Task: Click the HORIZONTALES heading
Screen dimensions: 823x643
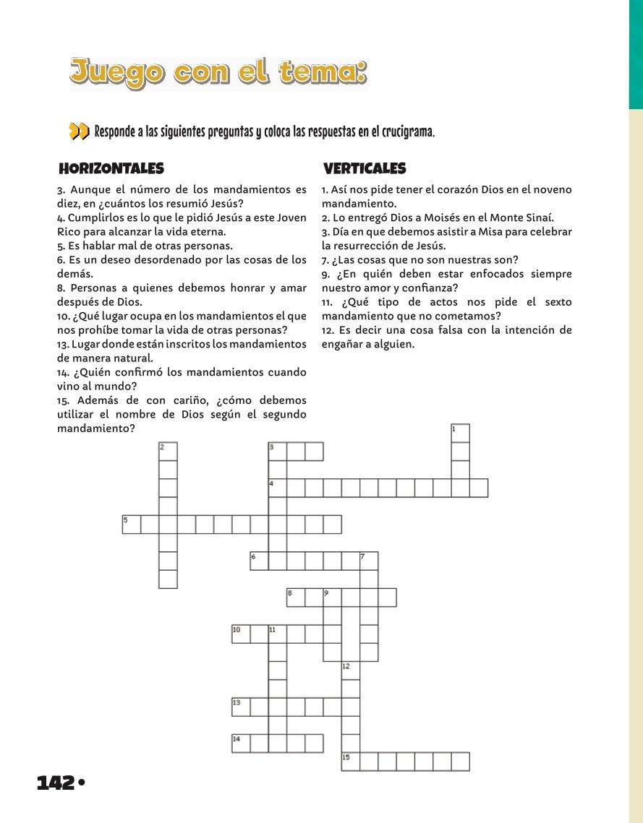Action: coord(111,168)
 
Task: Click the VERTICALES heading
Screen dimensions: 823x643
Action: coord(365,168)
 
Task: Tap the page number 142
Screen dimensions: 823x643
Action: coord(56,782)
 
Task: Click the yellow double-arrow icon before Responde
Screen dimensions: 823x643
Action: coord(79,132)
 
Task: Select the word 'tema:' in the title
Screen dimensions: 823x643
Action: coord(320,73)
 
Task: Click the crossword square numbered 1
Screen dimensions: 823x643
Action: coord(460,433)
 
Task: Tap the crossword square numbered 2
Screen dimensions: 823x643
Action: coord(168,452)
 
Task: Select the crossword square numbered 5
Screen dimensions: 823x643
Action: coord(131,525)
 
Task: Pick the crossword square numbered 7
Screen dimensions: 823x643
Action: coord(369,561)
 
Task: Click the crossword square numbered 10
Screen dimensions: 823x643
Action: coord(241,634)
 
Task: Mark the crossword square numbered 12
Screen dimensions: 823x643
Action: coord(351,671)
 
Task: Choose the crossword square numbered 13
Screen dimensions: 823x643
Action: coord(241,707)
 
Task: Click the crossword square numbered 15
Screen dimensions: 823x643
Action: coord(351,762)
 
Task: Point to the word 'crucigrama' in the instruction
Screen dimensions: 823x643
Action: coord(406,132)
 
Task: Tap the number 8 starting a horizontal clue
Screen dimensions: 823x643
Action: coord(61,288)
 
